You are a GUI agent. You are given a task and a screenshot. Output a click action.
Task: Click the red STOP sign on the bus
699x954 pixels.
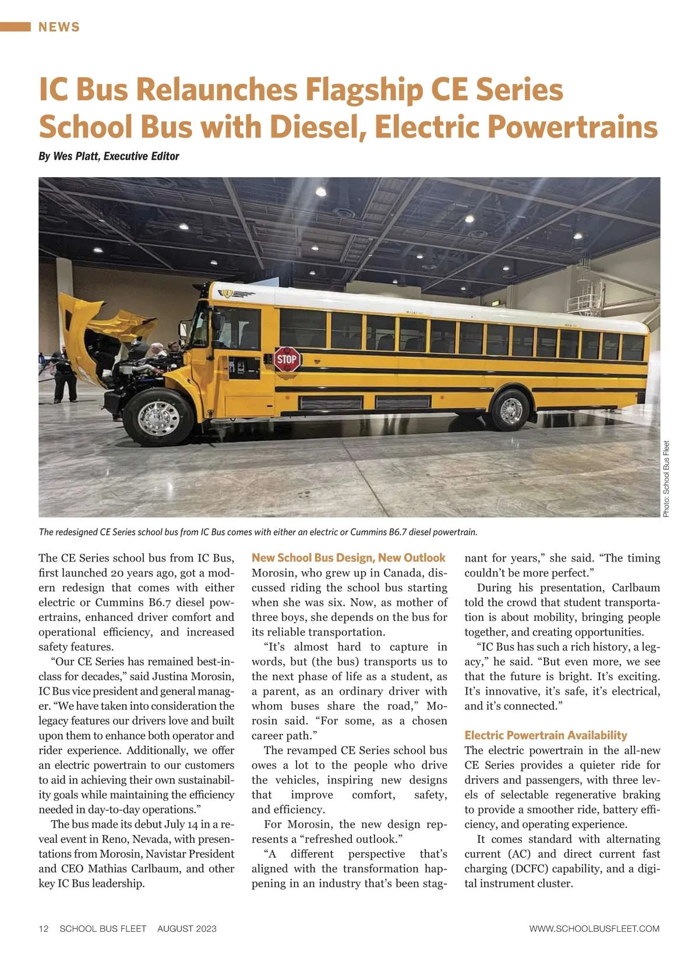point(287,359)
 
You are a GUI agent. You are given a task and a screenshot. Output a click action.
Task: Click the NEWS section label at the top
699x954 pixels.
point(59,27)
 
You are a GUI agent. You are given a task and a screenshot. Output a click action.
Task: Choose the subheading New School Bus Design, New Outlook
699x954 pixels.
point(348,557)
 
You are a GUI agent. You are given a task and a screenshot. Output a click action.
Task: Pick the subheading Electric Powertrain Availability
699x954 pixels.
point(546,735)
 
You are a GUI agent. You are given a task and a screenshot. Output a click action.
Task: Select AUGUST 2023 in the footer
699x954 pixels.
point(186,928)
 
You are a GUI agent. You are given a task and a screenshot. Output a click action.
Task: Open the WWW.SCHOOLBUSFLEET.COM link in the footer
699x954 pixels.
point(594,928)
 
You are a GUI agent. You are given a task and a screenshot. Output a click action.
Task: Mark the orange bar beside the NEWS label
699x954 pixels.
point(15,27)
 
